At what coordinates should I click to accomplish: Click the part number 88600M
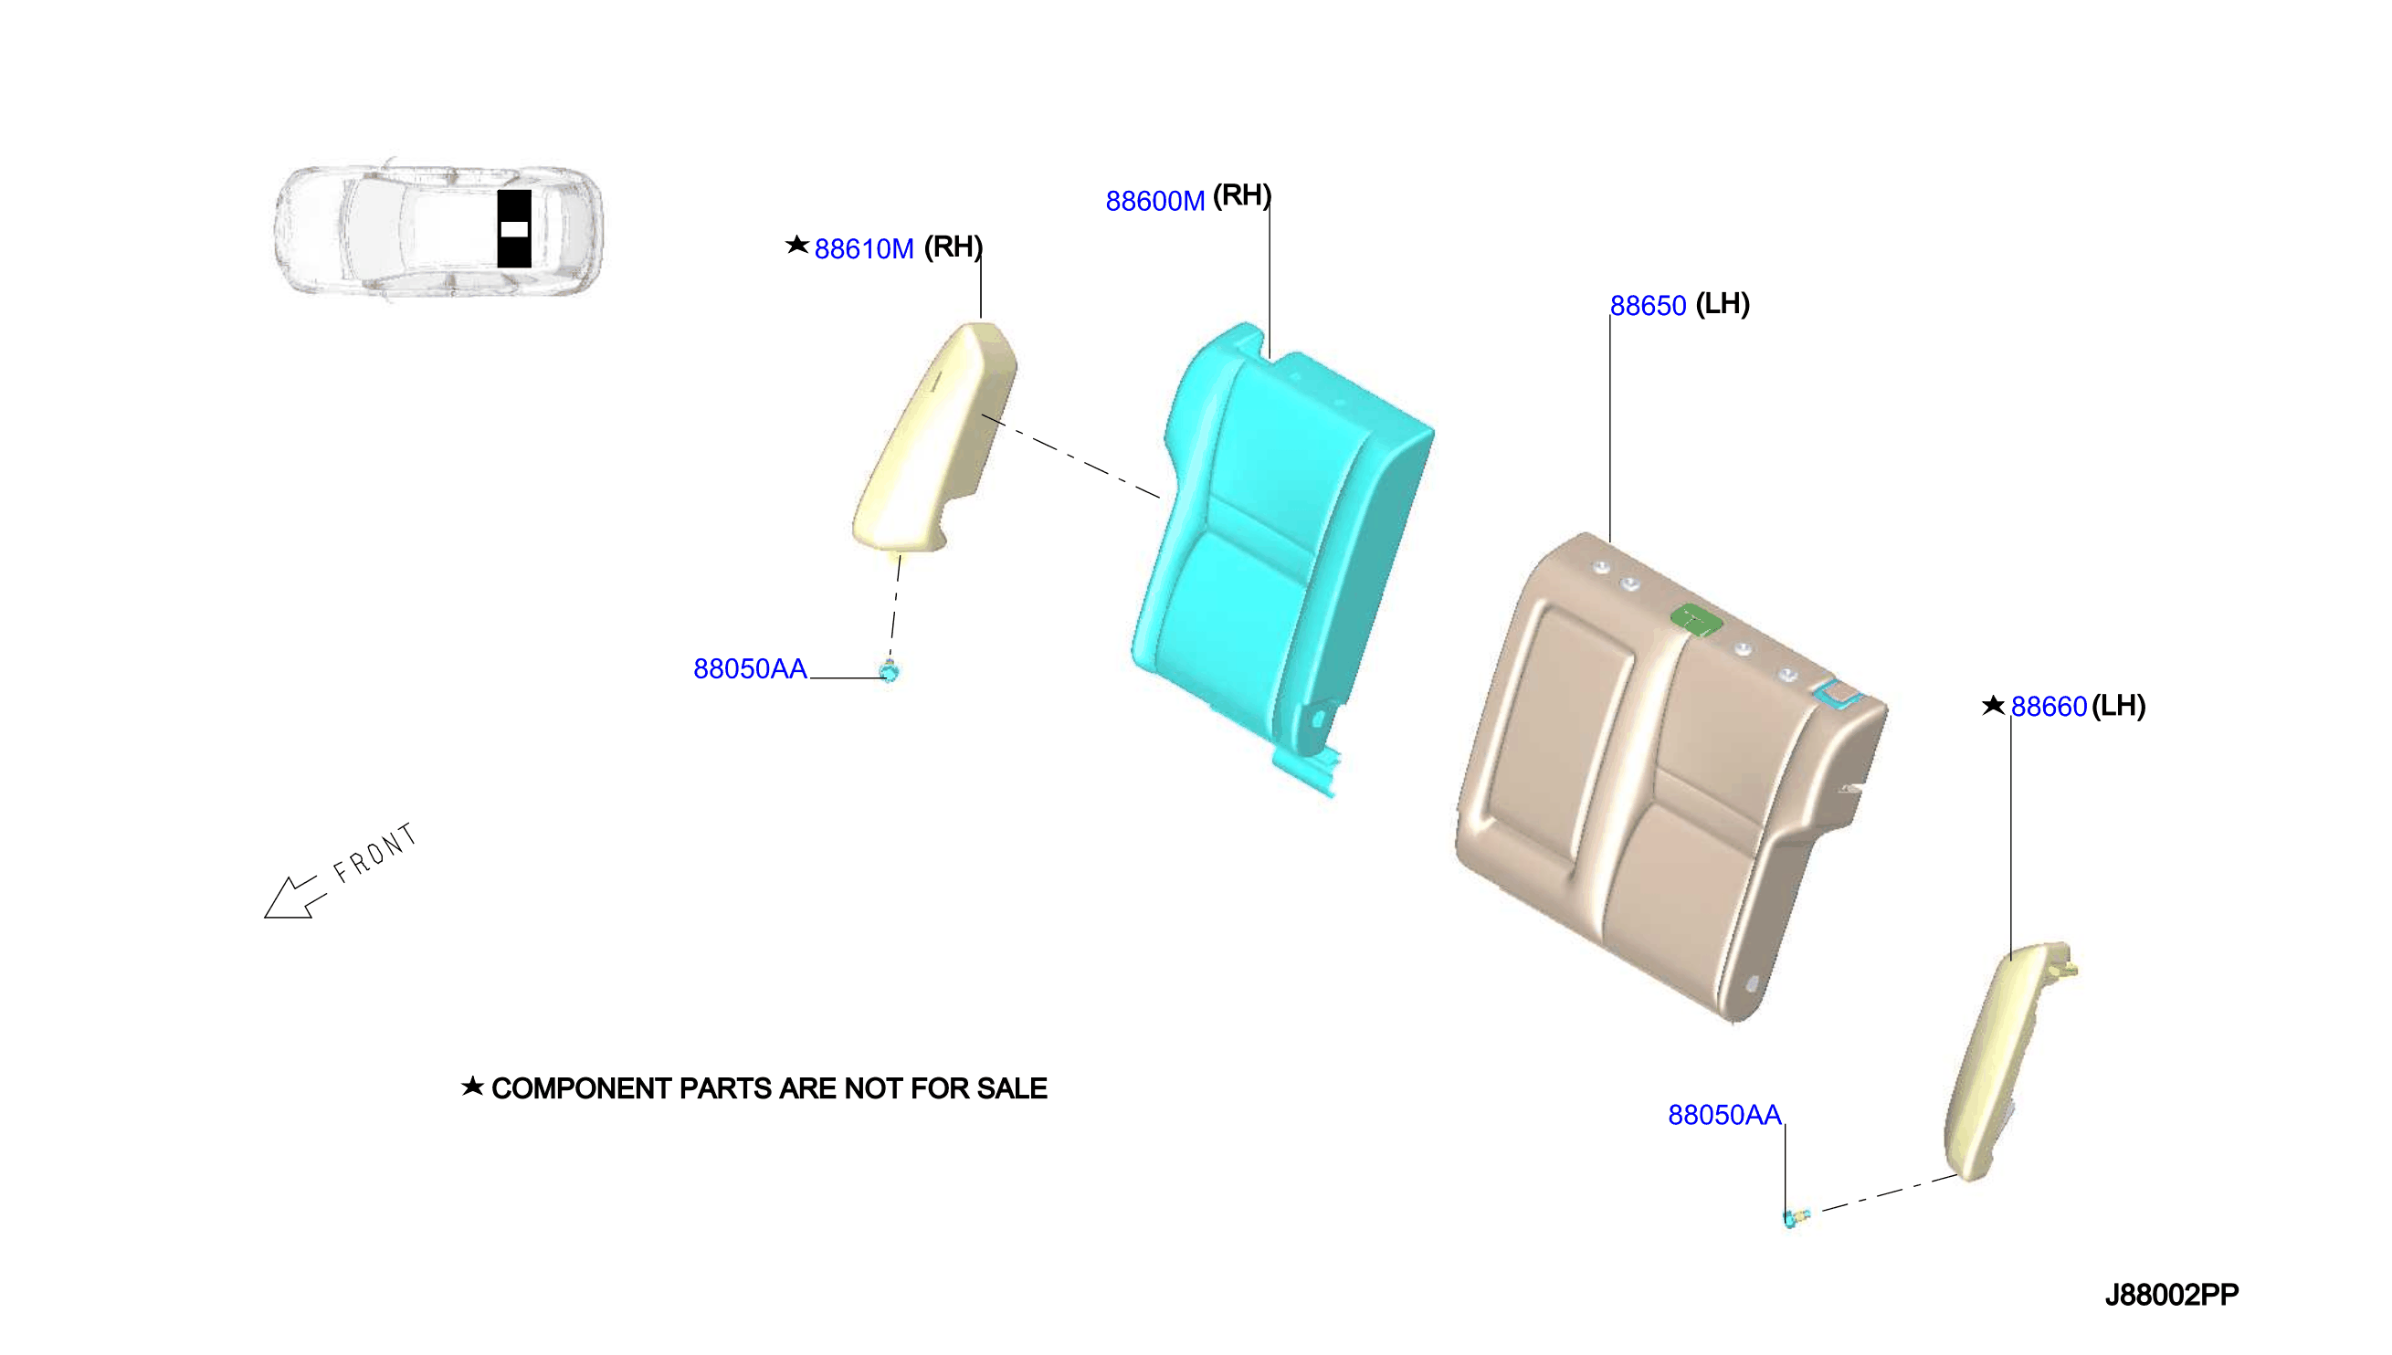pyautogui.click(x=1154, y=201)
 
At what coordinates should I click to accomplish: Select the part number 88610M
pyautogui.click(x=864, y=249)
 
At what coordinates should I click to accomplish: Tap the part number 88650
pyautogui.click(x=1648, y=306)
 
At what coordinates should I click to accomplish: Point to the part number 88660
pyautogui.click(x=2049, y=708)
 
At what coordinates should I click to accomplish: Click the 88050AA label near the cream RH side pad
pyautogui.click(x=750, y=669)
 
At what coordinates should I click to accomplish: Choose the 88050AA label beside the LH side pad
pyautogui.click(x=1723, y=1115)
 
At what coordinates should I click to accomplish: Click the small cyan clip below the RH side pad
pyautogui.click(x=889, y=670)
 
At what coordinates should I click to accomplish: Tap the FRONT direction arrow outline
pyautogui.click(x=294, y=898)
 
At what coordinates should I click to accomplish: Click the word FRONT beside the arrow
pyautogui.click(x=374, y=853)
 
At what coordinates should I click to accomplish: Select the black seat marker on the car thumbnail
pyautogui.click(x=514, y=229)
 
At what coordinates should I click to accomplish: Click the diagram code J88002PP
pyautogui.click(x=2171, y=1296)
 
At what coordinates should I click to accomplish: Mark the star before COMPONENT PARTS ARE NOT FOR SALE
pyautogui.click(x=472, y=1086)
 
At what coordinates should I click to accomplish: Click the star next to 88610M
pyautogui.click(x=796, y=245)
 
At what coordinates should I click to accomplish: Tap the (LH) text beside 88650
pyautogui.click(x=1722, y=304)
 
